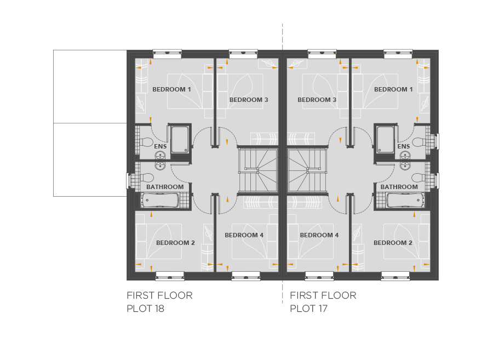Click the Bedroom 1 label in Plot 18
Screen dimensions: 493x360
coord(171,89)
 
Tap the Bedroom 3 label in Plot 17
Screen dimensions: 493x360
coord(317,100)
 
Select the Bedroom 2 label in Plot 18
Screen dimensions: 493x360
coord(175,243)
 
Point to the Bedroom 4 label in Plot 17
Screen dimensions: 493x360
coord(319,235)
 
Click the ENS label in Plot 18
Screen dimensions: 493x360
coord(160,146)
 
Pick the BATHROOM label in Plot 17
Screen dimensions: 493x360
coord(399,187)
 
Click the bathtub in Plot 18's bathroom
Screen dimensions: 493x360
coord(160,201)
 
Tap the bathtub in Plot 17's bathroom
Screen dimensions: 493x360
coord(405,201)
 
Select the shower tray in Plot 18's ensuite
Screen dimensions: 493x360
coord(180,139)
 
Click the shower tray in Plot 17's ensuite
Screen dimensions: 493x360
coord(386,139)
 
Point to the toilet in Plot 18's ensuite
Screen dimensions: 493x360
coord(146,142)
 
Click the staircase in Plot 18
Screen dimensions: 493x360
coord(258,170)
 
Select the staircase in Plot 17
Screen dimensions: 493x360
coord(307,170)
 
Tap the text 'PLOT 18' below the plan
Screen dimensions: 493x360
coord(145,308)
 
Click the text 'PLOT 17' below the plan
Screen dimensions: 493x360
coord(308,308)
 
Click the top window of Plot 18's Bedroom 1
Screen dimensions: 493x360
coord(167,54)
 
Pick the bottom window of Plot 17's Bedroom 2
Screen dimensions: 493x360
coord(395,276)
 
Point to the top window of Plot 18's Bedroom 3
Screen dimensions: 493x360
coord(243,54)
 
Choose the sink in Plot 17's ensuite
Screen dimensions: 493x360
coord(405,155)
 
